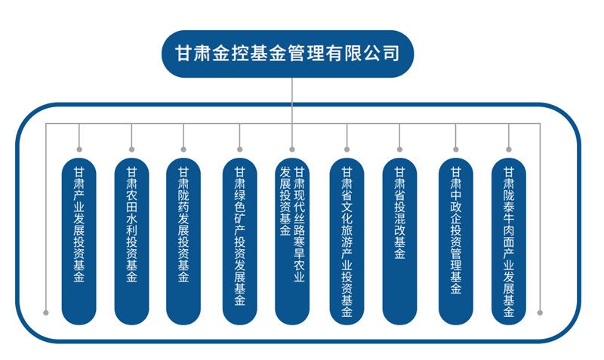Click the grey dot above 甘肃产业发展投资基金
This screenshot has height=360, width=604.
pyautogui.click(x=79, y=149)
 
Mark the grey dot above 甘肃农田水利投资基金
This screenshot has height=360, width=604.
pyautogui.click(x=132, y=149)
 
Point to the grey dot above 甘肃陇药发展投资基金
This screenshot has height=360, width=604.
pyautogui.click(x=183, y=149)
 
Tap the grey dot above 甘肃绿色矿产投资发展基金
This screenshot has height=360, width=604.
pyautogui.click(x=240, y=149)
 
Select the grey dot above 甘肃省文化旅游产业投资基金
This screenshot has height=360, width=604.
pyautogui.click(x=347, y=149)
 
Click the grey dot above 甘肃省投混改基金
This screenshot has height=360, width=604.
pyautogui.click(x=399, y=149)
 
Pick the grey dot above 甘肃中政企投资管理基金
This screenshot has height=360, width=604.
pyautogui.click(x=456, y=149)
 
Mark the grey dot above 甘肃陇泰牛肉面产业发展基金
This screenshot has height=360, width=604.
pyautogui.click(x=509, y=149)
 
